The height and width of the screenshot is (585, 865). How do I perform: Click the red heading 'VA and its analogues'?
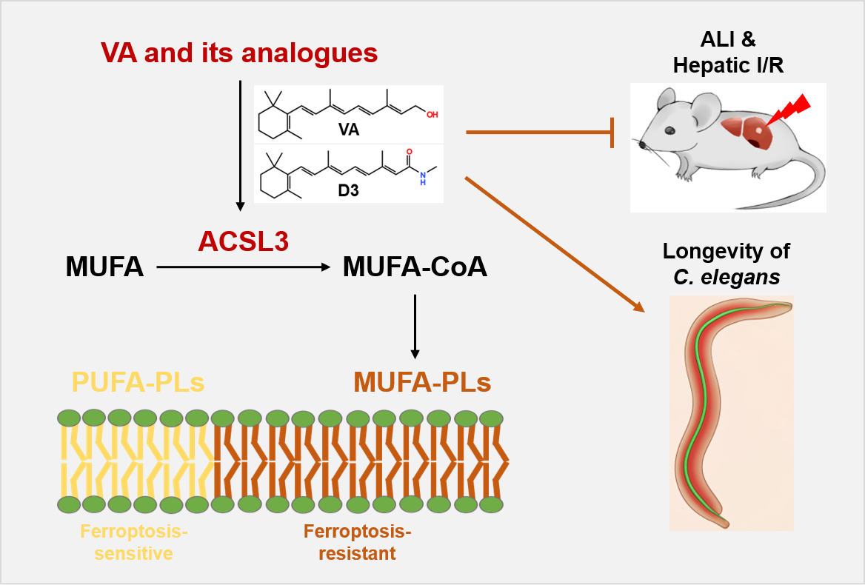coord(239,53)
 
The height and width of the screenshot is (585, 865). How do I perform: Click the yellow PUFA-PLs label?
coord(138,383)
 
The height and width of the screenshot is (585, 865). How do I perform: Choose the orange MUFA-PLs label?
coord(422,383)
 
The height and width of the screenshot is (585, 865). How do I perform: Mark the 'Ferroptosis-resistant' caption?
coord(357,542)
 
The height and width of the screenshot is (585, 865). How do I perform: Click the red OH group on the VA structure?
coord(432,115)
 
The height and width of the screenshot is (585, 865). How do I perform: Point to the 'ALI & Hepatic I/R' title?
coord(728,53)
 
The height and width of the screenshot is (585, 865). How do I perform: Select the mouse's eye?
coord(669,130)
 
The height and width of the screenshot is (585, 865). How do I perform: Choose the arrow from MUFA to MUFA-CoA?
coord(243,267)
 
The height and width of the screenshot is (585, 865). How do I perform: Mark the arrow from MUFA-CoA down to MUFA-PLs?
coord(415,326)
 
